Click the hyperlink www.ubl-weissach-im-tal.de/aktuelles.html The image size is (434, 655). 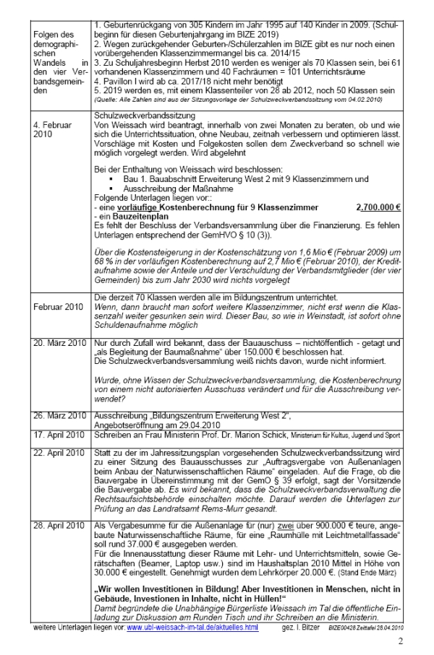point(192,627)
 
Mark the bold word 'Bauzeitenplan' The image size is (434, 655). point(130,215)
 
